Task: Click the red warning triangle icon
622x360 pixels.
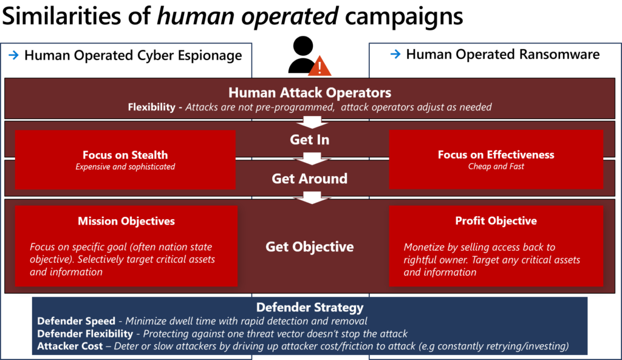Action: [x=320, y=66]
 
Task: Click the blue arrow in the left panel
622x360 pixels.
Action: [x=13, y=55]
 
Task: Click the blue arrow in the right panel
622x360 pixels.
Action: [x=395, y=54]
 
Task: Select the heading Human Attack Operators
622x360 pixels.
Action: [x=310, y=93]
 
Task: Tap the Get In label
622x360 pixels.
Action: [x=310, y=140]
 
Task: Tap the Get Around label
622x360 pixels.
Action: [x=310, y=178]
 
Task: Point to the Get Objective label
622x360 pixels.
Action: [x=310, y=246]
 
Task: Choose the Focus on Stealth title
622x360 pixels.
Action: [x=125, y=155]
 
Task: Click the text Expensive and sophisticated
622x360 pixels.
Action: [x=125, y=167]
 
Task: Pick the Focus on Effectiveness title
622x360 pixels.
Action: [x=496, y=154]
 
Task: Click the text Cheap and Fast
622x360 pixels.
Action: [x=496, y=166]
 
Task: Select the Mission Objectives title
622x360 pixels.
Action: [x=126, y=221]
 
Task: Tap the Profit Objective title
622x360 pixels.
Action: [x=496, y=220]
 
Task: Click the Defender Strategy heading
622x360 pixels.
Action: [x=310, y=307]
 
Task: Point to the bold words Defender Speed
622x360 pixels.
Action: [x=76, y=321]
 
